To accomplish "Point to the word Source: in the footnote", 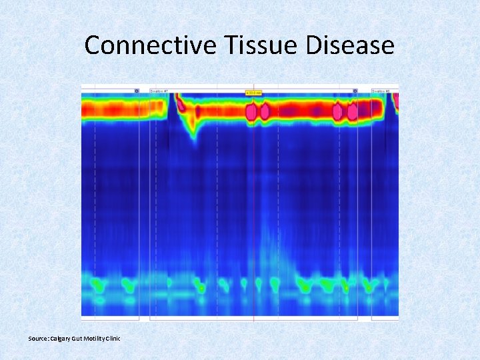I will tap(39, 339).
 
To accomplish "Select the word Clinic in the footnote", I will tap(114, 339).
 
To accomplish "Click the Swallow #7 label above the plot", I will tap(159, 91).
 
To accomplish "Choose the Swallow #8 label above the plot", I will tap(381, 91).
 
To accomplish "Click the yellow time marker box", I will tap(253, 92).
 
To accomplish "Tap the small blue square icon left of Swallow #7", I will tap(137, 91).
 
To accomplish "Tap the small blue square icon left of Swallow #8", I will tap(355, 91).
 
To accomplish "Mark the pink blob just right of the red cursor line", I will tap(264, 111).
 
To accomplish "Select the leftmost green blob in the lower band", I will tap(98, 285).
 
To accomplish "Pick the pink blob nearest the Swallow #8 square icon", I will tap(352, 112).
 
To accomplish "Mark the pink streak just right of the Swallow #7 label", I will tap(179, 103).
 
